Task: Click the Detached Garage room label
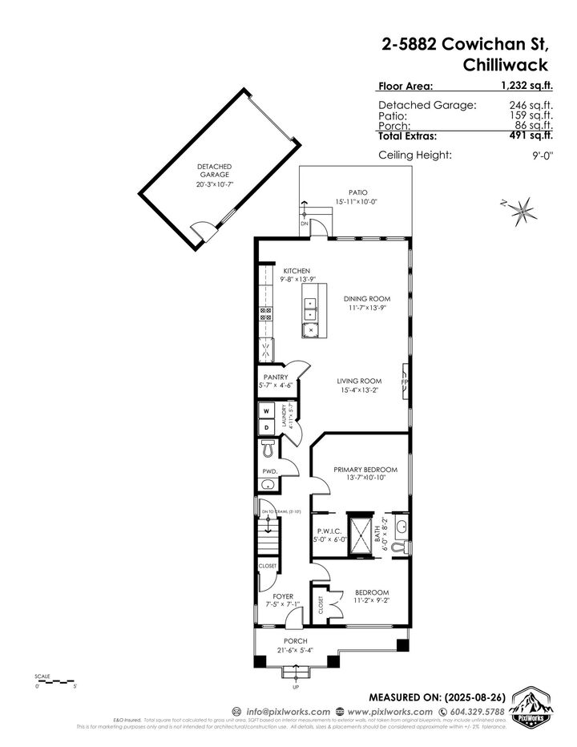(x=214, y=170)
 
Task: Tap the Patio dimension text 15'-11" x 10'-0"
(x=357, y=202)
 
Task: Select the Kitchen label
(x=296, y=271)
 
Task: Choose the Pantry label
(x=276, y=377)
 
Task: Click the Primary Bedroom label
(x=365, y=469)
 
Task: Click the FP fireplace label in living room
(x=405, y=382)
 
